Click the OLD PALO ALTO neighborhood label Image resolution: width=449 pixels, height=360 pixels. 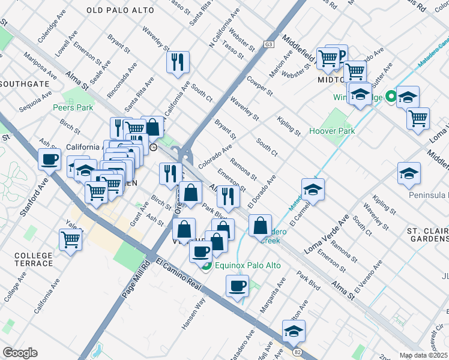coord(120,11)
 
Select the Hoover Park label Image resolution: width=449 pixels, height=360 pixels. coord(332,131)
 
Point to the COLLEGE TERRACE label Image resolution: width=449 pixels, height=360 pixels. coord(34,259)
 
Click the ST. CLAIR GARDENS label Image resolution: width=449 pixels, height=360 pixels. coord(427,235)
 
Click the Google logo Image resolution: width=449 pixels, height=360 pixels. coord(20,353)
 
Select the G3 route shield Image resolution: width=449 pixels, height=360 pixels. coord(268,45)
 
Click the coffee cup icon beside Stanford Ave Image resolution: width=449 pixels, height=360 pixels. coord(49,160)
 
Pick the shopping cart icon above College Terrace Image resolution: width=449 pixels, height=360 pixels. coord(71,239)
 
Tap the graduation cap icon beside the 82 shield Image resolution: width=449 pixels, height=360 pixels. coord(294,330)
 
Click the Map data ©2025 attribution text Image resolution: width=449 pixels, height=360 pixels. coord(424,355)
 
